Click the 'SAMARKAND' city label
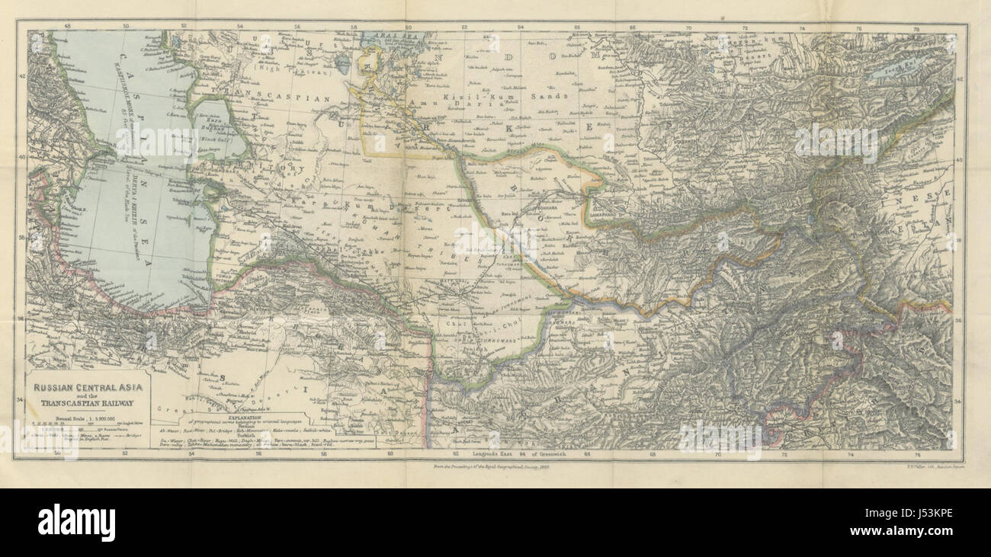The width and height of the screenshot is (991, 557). [x=606, y=218]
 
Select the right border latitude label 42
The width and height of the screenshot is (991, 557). [x=960, y=77]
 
